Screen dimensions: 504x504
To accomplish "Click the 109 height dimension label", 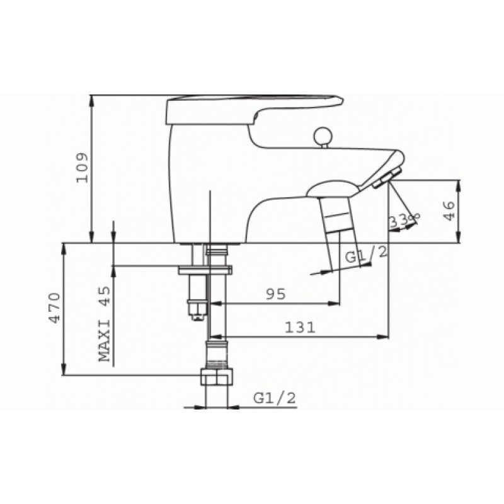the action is [x=82, y=168].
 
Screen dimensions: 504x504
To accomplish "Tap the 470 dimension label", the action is [x=54, y=307].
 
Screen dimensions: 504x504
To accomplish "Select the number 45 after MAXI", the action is [x=104, y=295].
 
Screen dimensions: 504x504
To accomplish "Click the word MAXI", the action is [x=104, y=341].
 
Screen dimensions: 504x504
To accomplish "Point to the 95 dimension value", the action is [x=276, y=294].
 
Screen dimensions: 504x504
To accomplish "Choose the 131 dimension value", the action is [x=301, y=328].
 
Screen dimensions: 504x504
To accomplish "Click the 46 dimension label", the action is [x=449, y=211].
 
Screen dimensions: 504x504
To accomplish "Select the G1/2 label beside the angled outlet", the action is [x=366, y=255].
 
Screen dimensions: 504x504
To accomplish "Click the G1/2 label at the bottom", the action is [x=275, y=398].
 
